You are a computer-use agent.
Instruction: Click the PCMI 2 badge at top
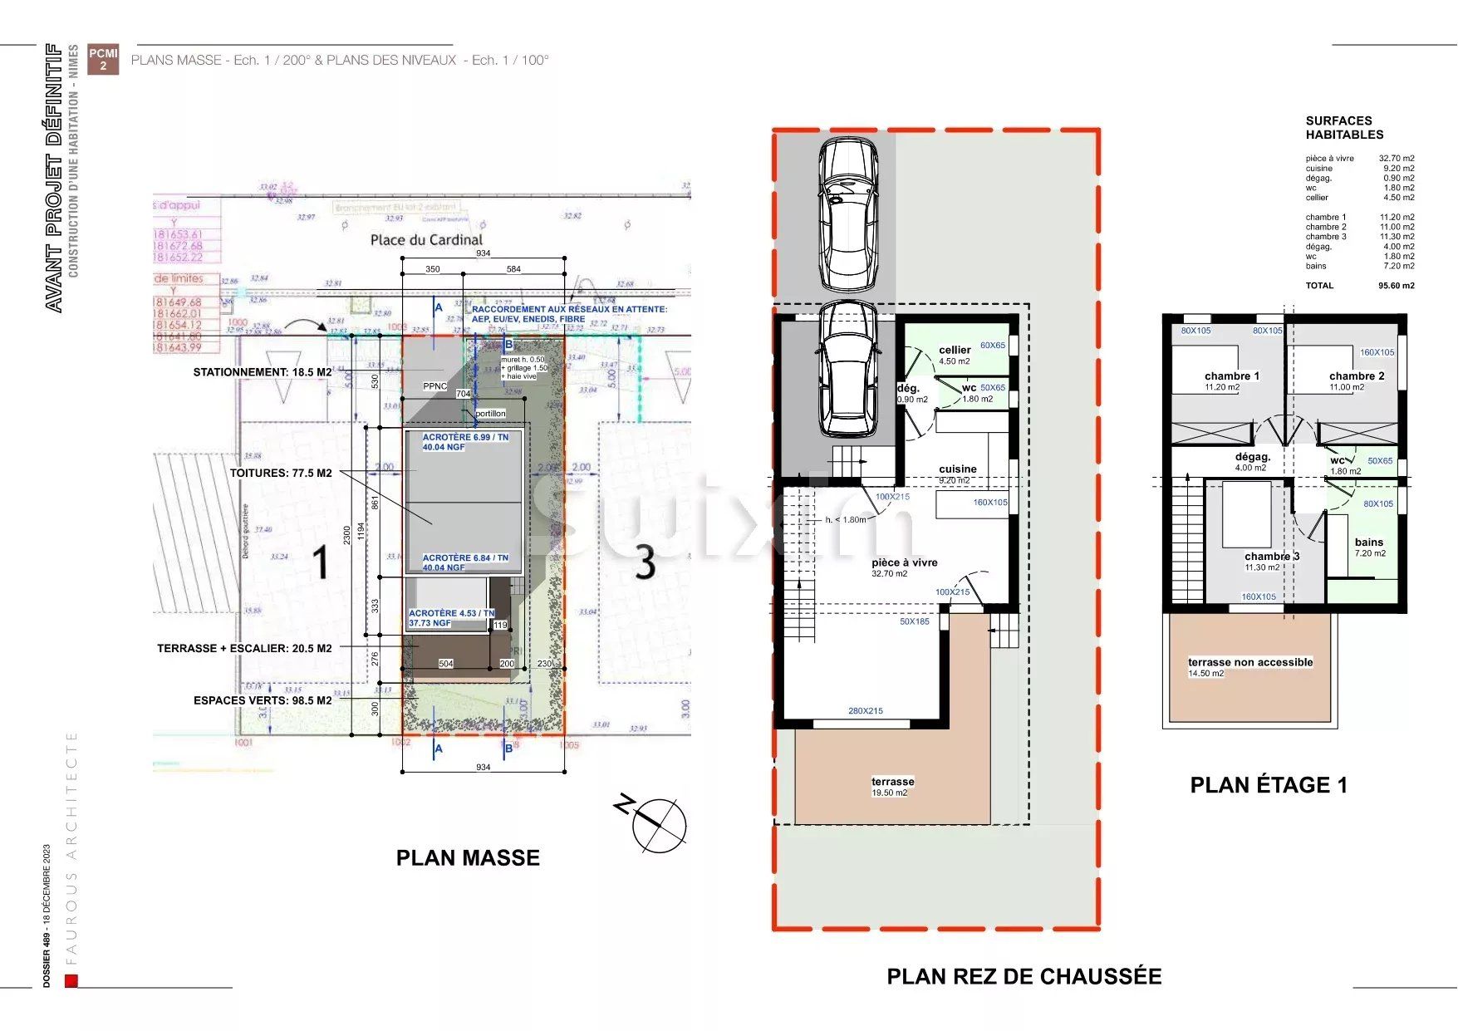[x=103, y=59]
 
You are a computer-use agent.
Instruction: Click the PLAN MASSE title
[x=468, y=857]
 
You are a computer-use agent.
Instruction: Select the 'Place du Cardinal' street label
[x=425, y=240]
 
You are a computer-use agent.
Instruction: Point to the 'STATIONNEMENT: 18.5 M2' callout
[x=263, y=372]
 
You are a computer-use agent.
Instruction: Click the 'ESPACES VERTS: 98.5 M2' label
[x=263, y=700]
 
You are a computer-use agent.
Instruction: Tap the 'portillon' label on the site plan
[x=490, y=413]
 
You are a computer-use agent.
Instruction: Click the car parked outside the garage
[x=848, y=214]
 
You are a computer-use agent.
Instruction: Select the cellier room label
[x=955, y=351]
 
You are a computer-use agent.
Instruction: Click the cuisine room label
[x=957, y=469]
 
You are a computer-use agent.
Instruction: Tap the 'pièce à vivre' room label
[x=904, y=563]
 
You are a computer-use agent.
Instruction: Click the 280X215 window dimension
[x=865, y=711]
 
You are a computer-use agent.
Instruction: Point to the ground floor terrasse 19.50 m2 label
[x=892, y=783]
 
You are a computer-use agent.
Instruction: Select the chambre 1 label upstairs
[x=1231, y=376]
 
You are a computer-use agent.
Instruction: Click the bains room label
[x=1368, y=543]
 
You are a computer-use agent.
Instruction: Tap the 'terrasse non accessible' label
[x=1249, y=663]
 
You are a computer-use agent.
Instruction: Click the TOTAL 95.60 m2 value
[x=1396, y=286]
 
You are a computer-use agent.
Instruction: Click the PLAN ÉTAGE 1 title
[x=1268, y=785]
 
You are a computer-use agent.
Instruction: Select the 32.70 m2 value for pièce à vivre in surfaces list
[x=1396, y=159]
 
